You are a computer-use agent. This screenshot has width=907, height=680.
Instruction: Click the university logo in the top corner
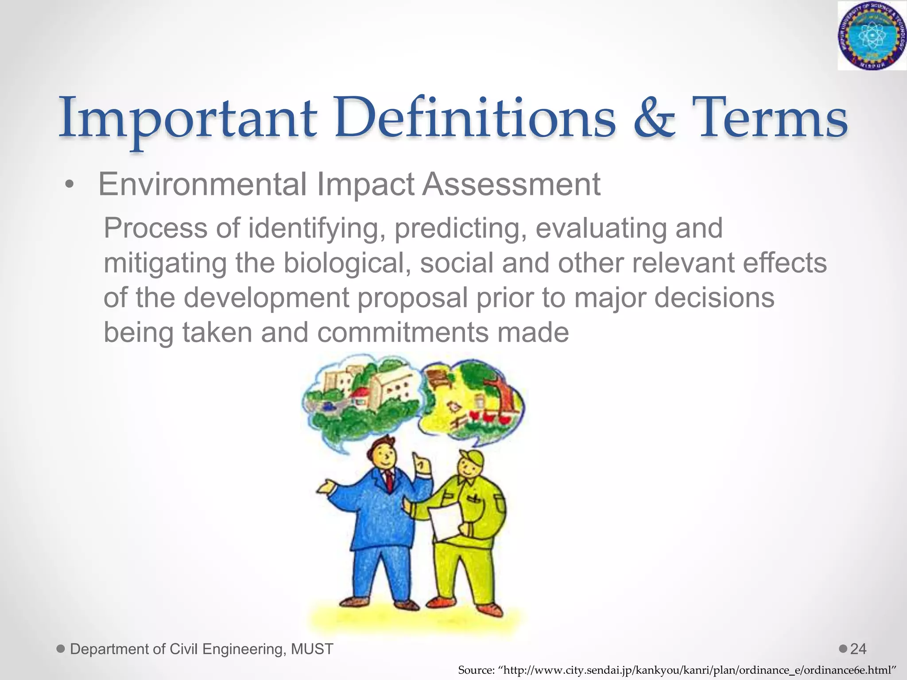click(871, 35)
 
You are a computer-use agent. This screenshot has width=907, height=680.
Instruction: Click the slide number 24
click(858, 649)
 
